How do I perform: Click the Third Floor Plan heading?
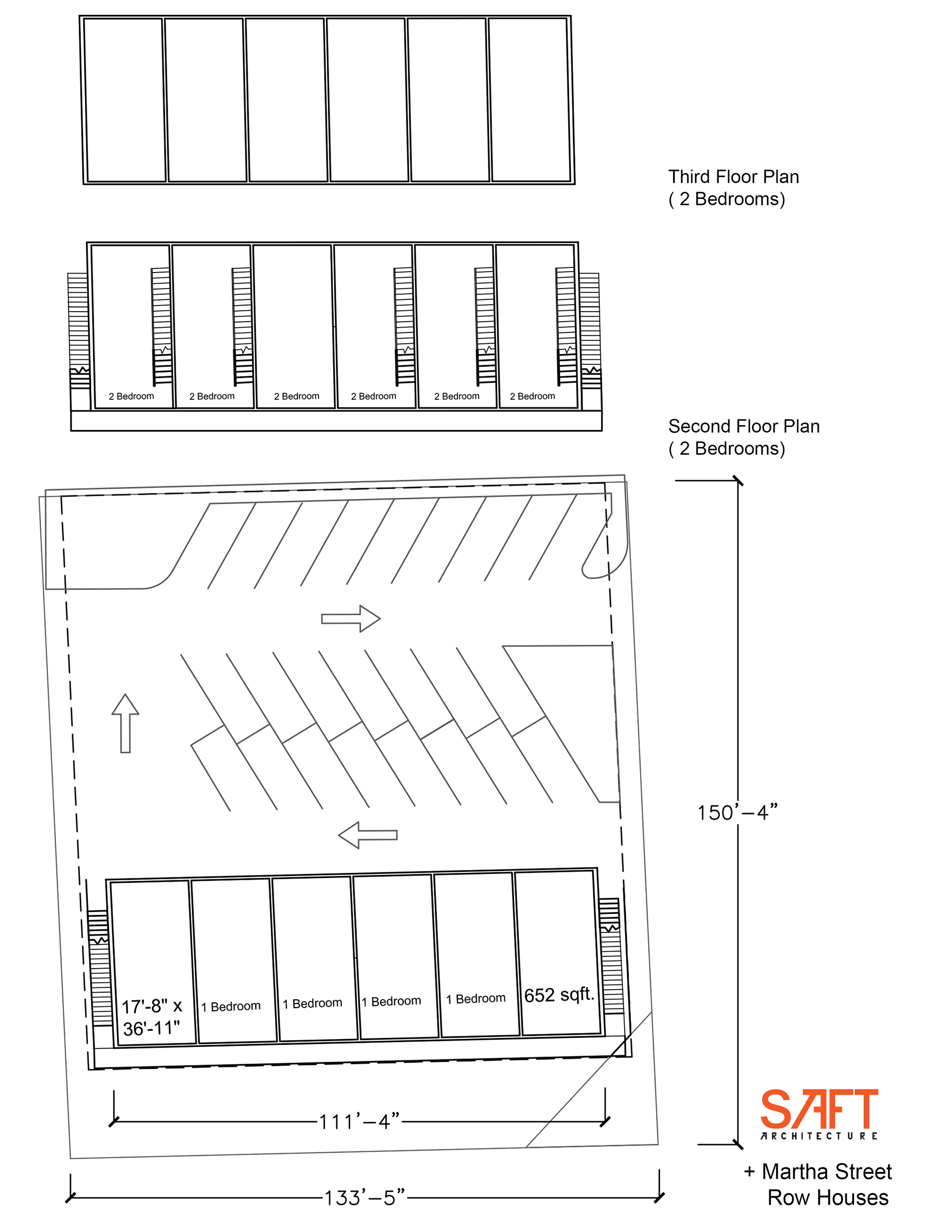click(733, 177)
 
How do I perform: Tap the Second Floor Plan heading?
click(744, 426)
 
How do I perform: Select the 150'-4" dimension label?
click(737, 812)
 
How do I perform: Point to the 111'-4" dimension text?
click(360, 1121)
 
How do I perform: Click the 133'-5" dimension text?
click(365, 1197)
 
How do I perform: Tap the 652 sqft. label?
click(559, 994)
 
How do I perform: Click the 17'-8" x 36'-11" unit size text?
click(152, 1017)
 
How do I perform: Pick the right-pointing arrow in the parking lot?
click(351, 619)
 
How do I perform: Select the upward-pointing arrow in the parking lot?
click(125, 723)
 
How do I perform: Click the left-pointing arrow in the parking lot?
click(368, 835)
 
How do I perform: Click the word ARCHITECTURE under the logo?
click(818, 1136)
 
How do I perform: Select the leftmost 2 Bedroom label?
click(131, 396)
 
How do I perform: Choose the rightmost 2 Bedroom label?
click(532, 396)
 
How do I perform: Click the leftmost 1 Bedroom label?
click(231, 1006)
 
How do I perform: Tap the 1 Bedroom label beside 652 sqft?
click(476, 998)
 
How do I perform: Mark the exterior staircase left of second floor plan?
click(78, 331)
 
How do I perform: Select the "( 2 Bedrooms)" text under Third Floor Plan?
click(727, 199)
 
